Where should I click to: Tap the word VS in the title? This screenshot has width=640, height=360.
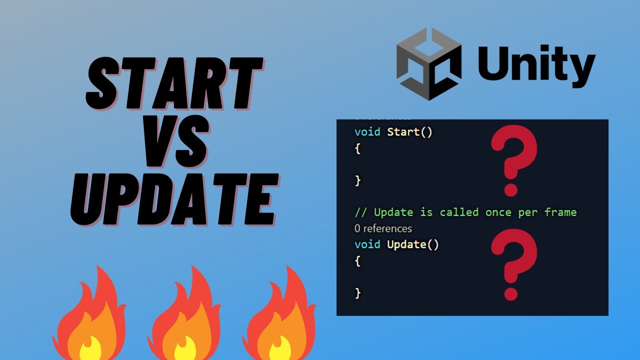175,145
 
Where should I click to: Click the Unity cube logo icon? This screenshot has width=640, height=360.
428,63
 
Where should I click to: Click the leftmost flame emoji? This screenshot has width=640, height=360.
88,315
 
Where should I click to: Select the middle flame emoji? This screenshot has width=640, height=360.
183,315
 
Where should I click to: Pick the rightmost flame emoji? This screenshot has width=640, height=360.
278,315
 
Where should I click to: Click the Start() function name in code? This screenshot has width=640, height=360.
409,132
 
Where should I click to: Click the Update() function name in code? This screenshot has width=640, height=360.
413,245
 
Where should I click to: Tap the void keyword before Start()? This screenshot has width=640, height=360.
367,132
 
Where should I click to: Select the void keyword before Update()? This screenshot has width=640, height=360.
367,245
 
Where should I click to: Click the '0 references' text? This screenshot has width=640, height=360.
383,228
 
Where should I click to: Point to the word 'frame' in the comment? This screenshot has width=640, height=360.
560,212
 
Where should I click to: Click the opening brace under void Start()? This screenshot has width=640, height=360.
357,149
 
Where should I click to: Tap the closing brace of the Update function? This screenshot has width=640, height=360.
357,293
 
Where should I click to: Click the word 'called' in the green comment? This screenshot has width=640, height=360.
459,212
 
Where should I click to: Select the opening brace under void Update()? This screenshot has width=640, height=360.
357,261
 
